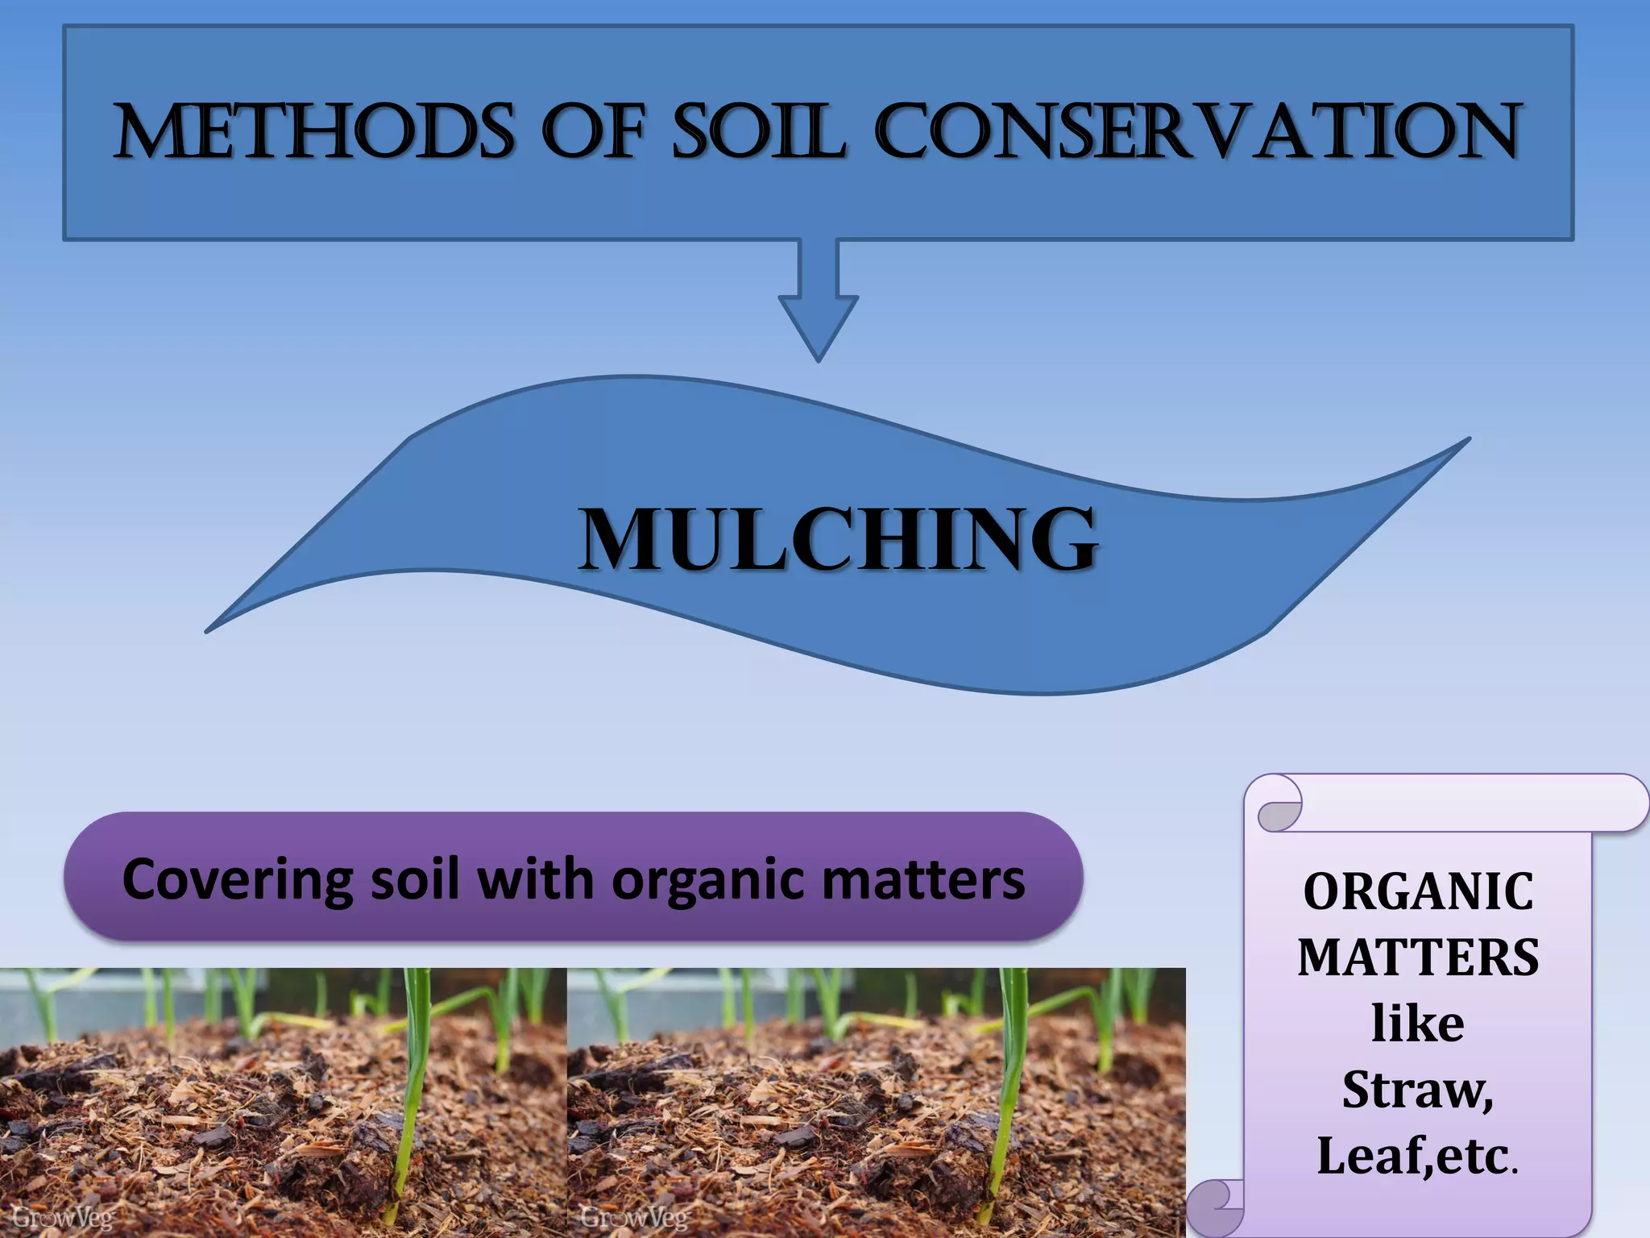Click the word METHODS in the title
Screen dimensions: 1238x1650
click(314, 131)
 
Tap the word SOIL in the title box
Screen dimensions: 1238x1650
click(758, 131)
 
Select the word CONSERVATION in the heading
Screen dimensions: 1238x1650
click(1197, 131)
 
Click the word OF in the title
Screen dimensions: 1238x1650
click(594, 131)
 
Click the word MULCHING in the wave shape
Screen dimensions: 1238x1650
click(838, 538)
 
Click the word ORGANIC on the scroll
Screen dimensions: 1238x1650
click(1418, 891)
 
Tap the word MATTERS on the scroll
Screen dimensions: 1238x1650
click(1418, 958)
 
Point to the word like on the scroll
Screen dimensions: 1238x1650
click(1418, 1024)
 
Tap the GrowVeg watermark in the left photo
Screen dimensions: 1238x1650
click(64, 1217)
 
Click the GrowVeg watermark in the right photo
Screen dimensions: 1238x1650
click(634, 1217)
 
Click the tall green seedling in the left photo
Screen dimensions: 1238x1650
click(414, 1080)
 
